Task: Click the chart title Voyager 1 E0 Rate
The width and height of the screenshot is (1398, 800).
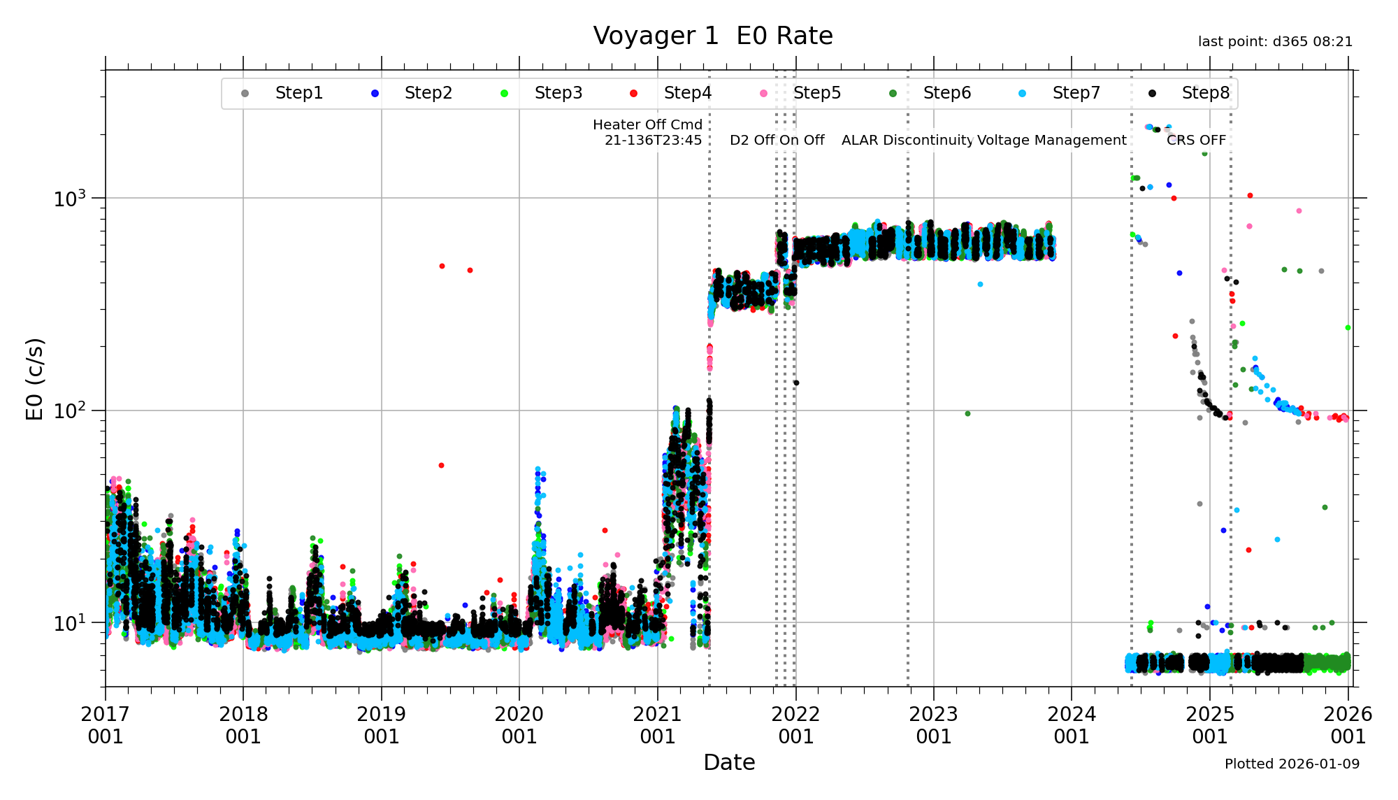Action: [712, 36]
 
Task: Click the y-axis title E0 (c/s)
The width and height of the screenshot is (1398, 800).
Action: [35, 378]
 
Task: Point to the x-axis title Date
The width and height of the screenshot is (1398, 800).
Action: [729, 762]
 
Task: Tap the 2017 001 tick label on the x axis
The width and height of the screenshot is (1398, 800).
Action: [106, 725]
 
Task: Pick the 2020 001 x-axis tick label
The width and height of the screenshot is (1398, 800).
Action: [519, 725]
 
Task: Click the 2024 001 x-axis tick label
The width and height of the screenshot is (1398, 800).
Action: [1072, 725]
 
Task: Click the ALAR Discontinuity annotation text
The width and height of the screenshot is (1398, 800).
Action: [907, 140]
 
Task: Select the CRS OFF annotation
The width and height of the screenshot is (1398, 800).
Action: [1196, 140]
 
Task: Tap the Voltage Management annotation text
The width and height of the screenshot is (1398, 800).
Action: [1052, 140]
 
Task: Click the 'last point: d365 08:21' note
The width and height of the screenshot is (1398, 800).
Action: [1275, 42]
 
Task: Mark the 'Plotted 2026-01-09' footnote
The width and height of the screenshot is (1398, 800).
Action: [1292, 764]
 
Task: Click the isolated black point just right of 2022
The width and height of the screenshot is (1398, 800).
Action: [796, 383]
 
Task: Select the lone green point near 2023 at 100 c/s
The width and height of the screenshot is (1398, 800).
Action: [967, 414]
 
